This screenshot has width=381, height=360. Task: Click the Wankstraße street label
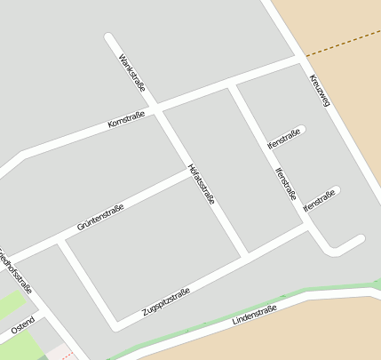pos(131,72)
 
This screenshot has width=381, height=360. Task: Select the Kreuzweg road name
pos(320,91)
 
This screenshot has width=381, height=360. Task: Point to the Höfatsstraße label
pos(202,185)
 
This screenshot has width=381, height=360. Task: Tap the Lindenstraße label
pos(254,315)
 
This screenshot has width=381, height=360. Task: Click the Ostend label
pos(23,325)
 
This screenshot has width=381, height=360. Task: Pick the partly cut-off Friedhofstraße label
pos(16,270)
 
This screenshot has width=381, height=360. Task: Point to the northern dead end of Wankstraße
pos(108,37)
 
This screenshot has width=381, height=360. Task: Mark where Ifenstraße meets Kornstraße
pos(233,84)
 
